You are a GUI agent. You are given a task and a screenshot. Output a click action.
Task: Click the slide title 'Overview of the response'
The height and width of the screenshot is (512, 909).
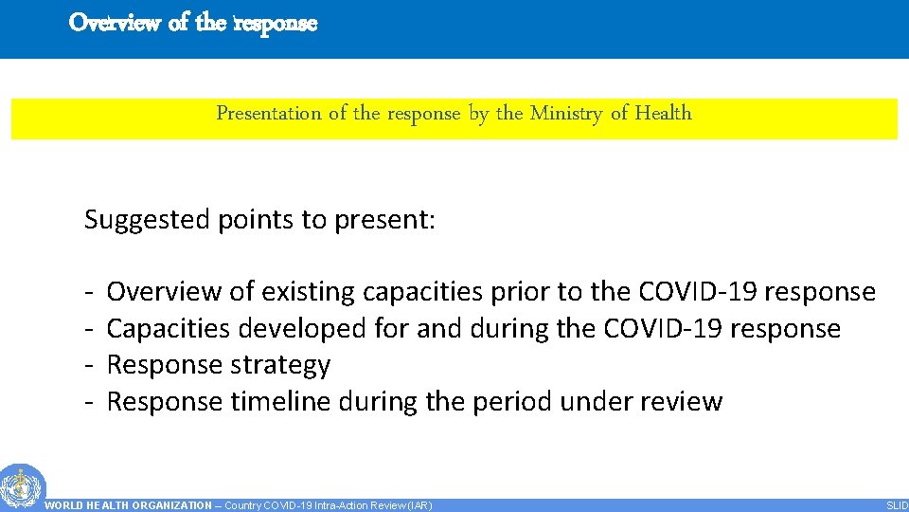[x=193, y=23]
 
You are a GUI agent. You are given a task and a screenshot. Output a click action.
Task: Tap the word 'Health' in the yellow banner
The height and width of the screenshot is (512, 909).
[x=663, y=114]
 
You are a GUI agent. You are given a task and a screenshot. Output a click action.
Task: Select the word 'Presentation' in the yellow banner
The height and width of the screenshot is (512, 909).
[x=269, y=114]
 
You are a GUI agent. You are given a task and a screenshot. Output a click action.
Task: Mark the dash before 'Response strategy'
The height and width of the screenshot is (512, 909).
[x=87, y=366]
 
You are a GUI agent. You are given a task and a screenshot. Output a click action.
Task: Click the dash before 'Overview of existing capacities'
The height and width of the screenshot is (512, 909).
[x=87, y=293]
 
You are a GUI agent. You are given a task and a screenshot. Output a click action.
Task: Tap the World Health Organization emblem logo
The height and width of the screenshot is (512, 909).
[x=21, y=486]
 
